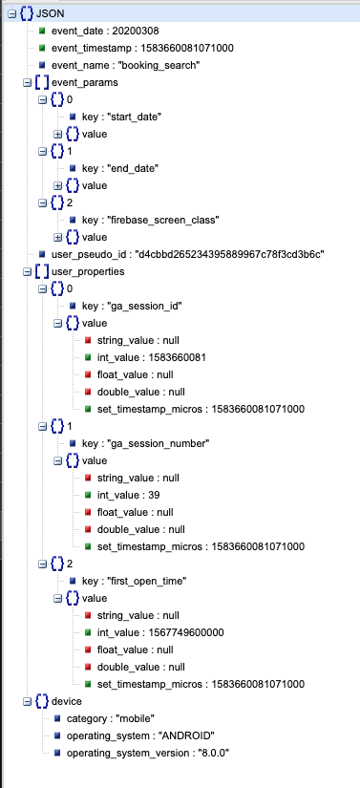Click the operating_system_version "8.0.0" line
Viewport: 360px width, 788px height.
click(x=149, y=753)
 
